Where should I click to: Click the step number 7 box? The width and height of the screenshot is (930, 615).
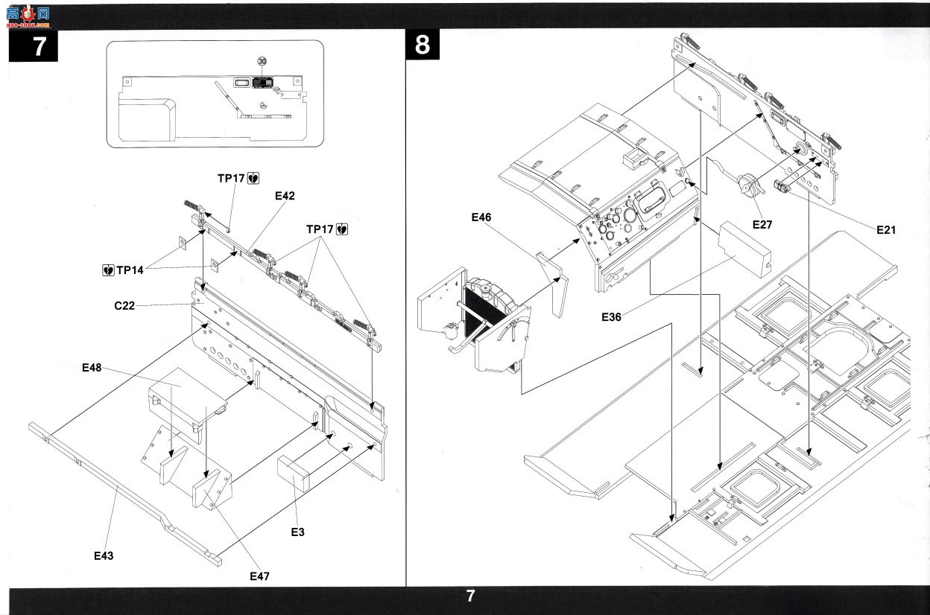click(34, 46)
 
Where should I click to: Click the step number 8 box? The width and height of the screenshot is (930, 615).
click(423, 45)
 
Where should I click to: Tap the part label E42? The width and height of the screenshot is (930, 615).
click(285, 196)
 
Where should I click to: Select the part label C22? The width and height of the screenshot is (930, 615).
click(124, 305)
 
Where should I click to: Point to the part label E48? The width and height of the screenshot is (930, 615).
click(92, 367)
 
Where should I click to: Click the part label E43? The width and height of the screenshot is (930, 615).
click(104, 555)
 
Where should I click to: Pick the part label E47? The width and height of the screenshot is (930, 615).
click(259, 576)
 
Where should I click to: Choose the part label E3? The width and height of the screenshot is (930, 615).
click(297, 532)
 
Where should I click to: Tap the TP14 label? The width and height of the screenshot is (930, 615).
click(130, 270)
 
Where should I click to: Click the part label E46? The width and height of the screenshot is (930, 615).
click(481, 217)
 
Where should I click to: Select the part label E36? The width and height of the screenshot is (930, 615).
click(612, 317)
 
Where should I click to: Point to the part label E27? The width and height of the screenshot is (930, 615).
click(762, 225)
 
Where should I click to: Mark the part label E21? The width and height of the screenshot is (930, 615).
click(886, 230)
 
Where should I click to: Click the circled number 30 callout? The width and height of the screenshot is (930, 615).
click(262, 61)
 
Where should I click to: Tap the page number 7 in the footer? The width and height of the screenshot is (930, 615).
click(470, 596)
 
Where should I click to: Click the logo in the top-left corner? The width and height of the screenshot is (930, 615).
click(28, 17)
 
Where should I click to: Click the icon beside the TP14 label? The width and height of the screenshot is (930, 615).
click(108, 270)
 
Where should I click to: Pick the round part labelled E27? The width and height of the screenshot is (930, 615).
click(749, 183)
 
